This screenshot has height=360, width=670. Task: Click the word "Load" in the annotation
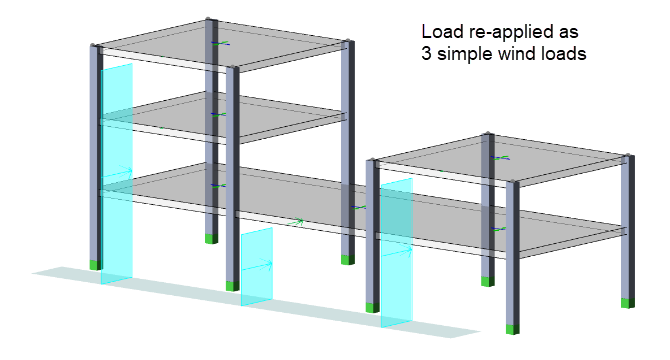(x=436, y=32)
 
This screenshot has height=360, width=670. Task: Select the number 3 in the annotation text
(x=426, y=54)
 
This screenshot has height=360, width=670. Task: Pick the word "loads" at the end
(x=560, y=54)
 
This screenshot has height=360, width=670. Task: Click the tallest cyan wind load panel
(x=117, y=174)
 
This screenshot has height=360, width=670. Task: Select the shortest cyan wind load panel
(x=257, y=267)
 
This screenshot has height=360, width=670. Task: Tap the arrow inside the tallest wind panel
(x=117, y=173)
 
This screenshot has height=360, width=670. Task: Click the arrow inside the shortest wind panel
(x=257, y=266)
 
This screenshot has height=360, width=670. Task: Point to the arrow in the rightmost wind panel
(x=397, y=252)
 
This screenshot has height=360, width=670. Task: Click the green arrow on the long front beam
(x=295, y=222)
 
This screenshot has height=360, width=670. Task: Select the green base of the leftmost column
(x=96, y=265)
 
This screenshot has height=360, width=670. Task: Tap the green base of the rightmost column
(x=628, y=303)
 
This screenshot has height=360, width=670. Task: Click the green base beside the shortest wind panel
(x=232, y=286)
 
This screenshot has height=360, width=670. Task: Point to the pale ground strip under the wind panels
(x=256, y=301)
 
